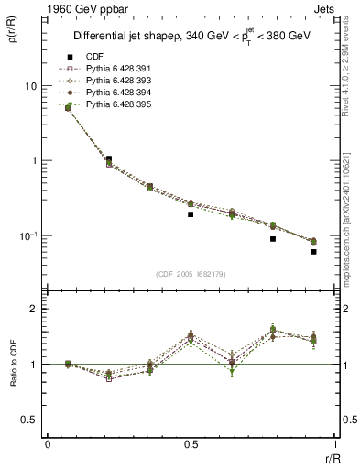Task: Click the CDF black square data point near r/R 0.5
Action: (x=191, y=214)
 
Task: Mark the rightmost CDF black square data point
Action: (x=313, y=251)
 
